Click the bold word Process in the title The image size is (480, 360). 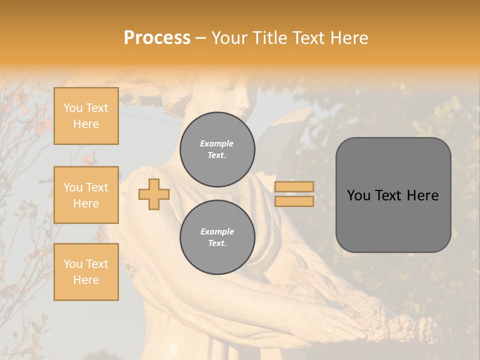coord(157,37)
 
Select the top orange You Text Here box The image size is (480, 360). coord(86,116)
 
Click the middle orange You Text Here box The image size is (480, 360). coord(86,195)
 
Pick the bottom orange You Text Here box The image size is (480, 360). coord(86,272)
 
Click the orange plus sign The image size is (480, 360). coord(154,194)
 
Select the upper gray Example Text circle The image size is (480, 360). coord(217,149)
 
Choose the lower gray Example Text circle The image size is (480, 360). coord(217,237)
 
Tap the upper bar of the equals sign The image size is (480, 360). coord(294,187)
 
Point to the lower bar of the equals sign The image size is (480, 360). coord(294,201)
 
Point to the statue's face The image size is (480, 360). coord(235,95)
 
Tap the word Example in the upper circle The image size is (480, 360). coord(217,143)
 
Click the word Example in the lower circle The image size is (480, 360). coord(217,231)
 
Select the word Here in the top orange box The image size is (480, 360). coord(86,124)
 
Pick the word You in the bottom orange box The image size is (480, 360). coord(73,264)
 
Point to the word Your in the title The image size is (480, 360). coord(230,38)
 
